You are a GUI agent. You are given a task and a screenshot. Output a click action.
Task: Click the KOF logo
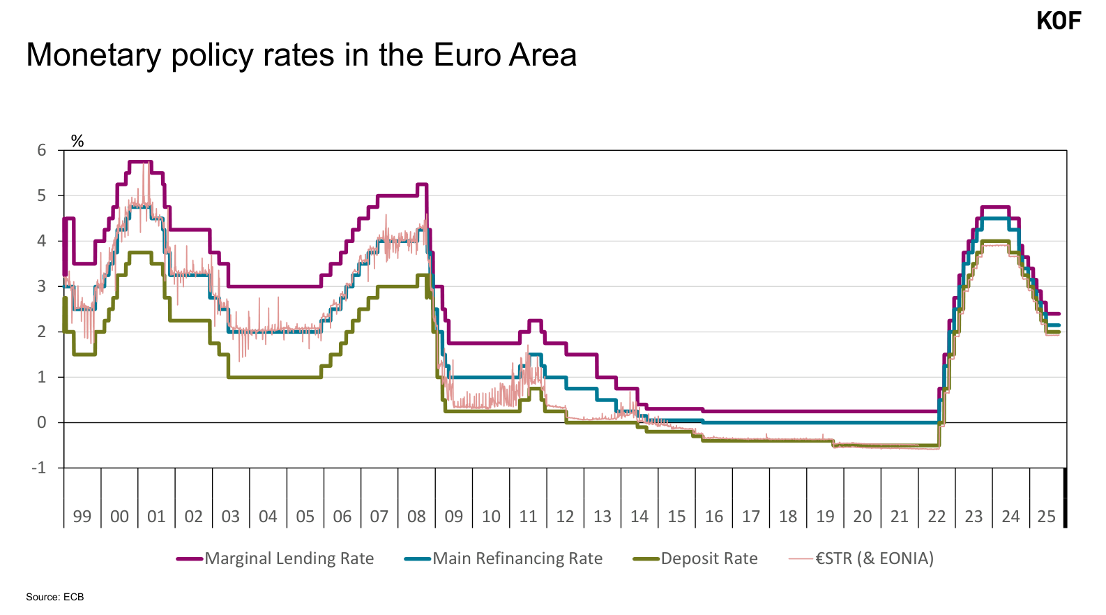click(1058, 21)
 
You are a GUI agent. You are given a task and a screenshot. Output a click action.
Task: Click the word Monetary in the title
click(93, 55)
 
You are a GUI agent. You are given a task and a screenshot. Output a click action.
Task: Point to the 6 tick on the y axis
click(42, 151)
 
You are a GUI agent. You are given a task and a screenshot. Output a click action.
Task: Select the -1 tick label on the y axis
click(39, 468)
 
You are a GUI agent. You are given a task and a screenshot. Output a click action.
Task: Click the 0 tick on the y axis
click(42, 422)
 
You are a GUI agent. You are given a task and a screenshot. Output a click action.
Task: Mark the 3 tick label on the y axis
click(42, 286)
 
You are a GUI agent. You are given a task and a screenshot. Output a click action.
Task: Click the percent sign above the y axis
click(77, 142)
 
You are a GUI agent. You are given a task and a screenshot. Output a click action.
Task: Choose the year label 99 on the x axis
click(82, 517)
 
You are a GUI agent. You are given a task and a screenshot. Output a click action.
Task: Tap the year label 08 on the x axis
click(416, 517)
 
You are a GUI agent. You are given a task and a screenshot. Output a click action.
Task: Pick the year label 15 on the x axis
click(676, 517)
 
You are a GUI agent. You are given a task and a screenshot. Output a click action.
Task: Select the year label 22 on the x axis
click(937, 517)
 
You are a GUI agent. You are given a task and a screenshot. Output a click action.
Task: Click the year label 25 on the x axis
click(1046, 517)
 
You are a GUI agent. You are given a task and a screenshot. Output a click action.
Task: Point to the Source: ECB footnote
click(55, 597)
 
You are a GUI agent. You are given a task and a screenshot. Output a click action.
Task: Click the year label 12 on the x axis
click(565, 517)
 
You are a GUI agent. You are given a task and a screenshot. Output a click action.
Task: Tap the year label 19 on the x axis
click(825, 517)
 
